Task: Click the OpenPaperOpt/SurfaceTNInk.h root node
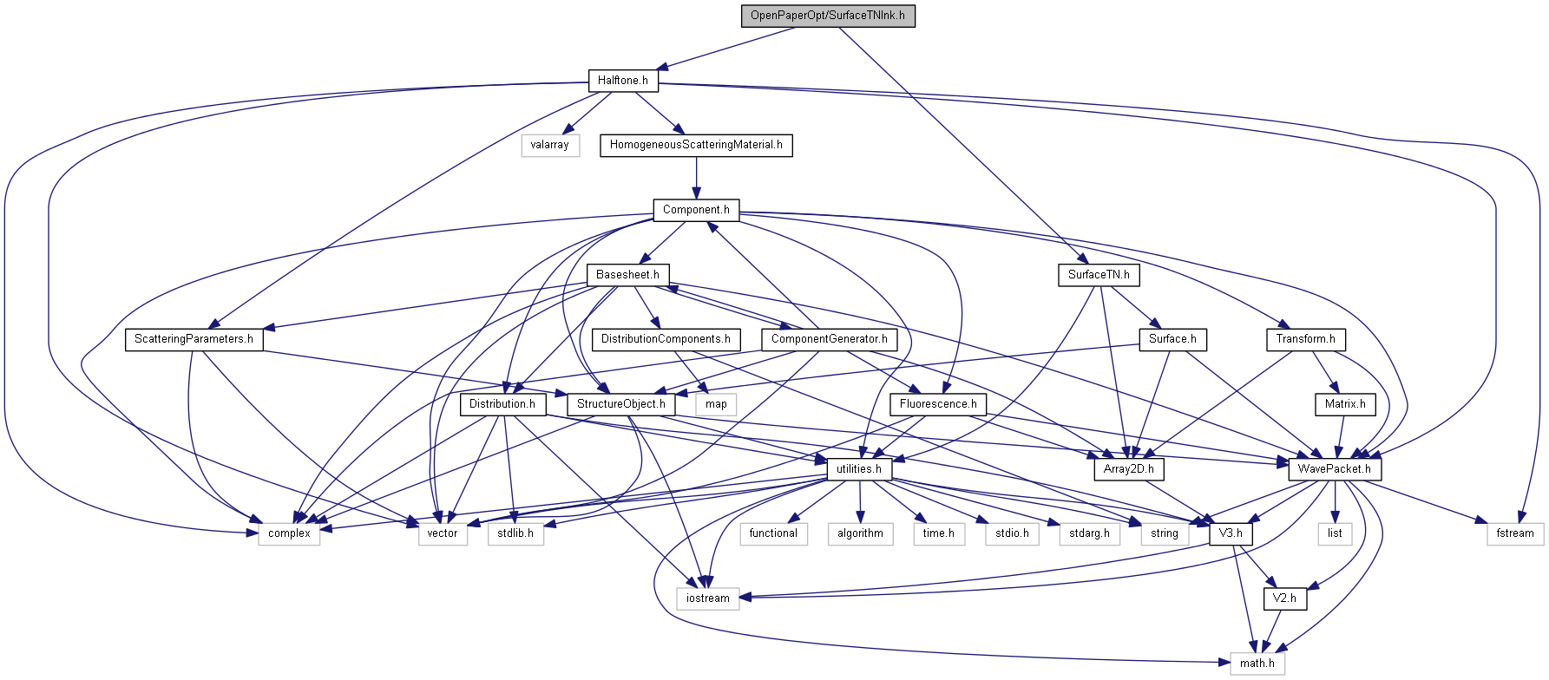pos(828,16)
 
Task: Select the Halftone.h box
pos(623,81)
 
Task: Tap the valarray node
pos(550,145)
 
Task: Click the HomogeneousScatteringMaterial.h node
pos(696,145)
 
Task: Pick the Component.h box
pos(696,210)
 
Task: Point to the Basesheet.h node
pos(627,275)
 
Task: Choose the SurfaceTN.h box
pos(1099,275)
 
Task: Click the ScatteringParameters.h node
pos(194,339)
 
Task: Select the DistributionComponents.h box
pos(666,339)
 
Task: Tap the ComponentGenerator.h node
pos(829,339)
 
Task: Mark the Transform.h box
pos(1305,339)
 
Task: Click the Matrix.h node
pos(1345,404)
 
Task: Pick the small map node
pos(717,404)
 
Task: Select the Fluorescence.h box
pos(938,404)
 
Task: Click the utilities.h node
pos(859,469)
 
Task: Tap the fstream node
pos(1515,533)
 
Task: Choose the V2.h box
pos(1284,598)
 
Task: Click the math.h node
pos(1257,664)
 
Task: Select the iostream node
pos(708,598)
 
